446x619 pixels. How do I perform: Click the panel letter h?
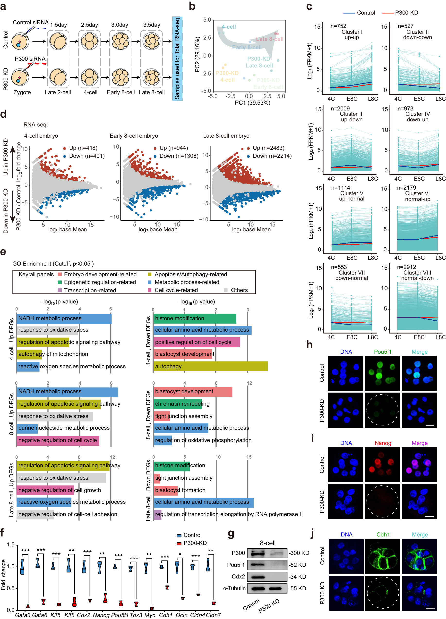click(309, 345)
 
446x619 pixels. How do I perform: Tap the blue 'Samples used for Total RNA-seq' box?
click(177, 59)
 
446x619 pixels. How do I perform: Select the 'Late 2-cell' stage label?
click(58, 92)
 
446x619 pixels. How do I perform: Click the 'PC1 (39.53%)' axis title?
click(252, 103)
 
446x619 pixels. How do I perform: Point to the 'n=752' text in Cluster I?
click(338, 26)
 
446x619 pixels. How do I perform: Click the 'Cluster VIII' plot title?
click(417, 273)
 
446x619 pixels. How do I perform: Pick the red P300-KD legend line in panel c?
click(388, 13)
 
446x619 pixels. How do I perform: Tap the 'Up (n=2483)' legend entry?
click(268, 148)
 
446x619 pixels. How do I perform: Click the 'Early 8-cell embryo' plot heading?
click(134, 136)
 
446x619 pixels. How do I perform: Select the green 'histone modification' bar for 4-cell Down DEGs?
click(195, 318)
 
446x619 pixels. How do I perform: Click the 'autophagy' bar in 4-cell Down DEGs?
click(210, 366)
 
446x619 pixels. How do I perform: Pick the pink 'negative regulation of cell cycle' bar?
click(58, 440)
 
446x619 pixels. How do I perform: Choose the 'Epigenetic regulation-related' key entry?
click(100, 282)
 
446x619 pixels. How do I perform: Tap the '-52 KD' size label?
click(297, 565)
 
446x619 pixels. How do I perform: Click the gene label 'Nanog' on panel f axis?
click(101, 615)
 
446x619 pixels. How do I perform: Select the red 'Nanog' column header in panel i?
click(383, 443)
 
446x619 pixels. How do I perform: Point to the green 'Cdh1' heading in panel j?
click(383, 534)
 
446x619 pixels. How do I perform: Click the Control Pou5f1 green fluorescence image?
click(382, 373)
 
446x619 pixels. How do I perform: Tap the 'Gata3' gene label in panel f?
click(23, 615)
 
